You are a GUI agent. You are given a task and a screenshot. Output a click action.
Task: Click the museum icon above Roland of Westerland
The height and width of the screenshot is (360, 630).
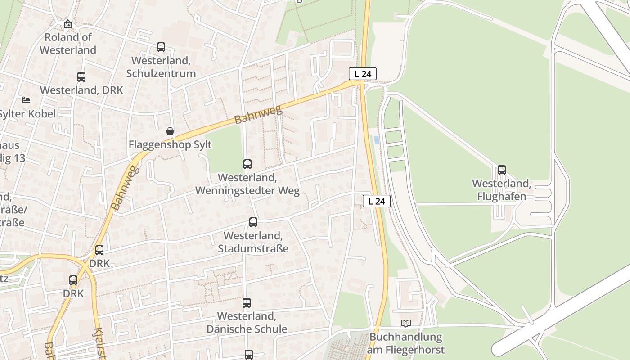(67, 24)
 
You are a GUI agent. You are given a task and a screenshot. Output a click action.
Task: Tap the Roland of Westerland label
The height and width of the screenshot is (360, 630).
(68, 44)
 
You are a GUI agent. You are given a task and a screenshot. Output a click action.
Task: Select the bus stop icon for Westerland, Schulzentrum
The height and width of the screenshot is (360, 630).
(161, 47)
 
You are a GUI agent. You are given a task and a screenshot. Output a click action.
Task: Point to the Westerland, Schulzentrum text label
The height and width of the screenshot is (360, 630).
(161, 67)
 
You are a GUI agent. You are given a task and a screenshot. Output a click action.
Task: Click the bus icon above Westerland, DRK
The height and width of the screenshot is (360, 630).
(81, 77)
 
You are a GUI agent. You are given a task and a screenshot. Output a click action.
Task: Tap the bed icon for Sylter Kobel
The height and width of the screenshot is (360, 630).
(26, 100)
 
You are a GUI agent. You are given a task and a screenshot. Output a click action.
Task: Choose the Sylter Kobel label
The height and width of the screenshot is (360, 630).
(27, 114)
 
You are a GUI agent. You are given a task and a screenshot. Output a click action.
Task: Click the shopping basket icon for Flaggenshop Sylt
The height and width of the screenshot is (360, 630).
(170, 131)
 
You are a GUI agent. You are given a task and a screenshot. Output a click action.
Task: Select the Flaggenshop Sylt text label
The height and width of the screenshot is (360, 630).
(170, 145)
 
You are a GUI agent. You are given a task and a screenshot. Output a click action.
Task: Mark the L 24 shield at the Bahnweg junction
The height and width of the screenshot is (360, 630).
(362, 74)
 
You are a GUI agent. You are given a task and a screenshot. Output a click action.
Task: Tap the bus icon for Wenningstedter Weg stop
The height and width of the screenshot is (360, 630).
(247, 164)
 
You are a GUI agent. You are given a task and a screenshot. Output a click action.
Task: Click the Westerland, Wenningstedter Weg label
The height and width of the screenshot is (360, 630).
(247, 184)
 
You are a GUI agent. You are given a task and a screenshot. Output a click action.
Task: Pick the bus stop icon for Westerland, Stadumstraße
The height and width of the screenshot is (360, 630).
(253, 222)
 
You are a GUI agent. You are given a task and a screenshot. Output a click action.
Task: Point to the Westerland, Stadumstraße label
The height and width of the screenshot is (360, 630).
(253, 242)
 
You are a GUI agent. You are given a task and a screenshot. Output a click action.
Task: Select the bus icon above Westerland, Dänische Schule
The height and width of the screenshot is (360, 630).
(247, 303)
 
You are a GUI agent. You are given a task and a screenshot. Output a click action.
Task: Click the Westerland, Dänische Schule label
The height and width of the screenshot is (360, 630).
(247, 323)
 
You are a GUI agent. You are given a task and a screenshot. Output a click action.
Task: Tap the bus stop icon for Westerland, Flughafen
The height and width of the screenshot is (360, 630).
(502, 170)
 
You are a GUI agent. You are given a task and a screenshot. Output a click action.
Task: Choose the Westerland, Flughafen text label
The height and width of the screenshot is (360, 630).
(502, 190)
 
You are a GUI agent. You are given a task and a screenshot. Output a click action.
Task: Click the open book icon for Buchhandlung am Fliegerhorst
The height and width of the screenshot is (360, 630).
(406, 323)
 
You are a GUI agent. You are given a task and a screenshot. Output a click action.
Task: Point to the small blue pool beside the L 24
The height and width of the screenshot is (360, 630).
(377, 140)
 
